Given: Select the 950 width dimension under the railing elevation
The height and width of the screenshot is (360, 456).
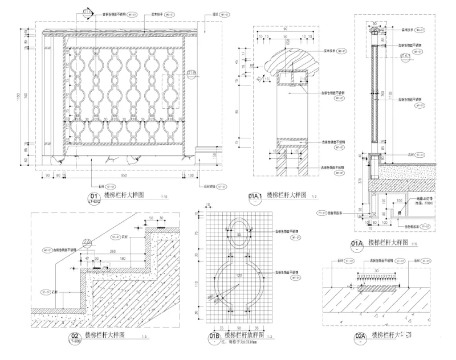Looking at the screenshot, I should (x=117, y=176).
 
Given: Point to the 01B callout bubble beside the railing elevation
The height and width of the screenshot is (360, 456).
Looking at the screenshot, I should (x=191, y=73).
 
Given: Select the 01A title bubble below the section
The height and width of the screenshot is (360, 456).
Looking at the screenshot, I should (x=357, y=244).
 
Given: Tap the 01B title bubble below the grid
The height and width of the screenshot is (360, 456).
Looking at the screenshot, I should (x=214, y=337).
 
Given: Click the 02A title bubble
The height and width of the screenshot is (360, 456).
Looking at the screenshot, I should (x=360, y=337).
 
